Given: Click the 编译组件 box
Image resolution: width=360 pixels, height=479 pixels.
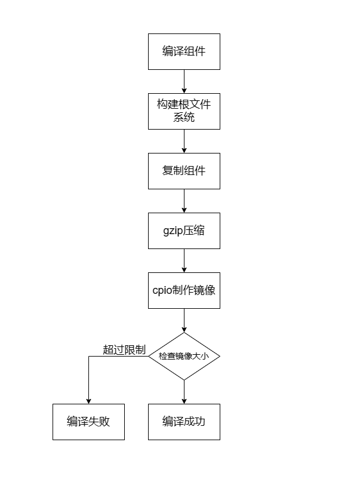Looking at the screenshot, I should (x=184, y=51).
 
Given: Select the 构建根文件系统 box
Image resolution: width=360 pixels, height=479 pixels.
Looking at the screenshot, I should (x=184, y=111).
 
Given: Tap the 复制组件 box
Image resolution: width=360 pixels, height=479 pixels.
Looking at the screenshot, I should (x=184, y=171).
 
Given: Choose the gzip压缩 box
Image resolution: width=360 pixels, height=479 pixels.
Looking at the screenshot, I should (x=184, y=231).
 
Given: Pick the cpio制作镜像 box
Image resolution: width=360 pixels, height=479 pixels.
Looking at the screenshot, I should (x=184, y=290).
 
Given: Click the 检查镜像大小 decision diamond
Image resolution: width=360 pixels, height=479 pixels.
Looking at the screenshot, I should (x=184, y=356).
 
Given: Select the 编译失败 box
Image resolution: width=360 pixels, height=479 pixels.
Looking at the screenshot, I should (x=88, y=422).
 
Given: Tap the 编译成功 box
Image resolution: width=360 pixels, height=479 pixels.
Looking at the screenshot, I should (x=184, y=422).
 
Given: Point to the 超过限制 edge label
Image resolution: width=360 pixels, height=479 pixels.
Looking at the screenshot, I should (x=124, y=350).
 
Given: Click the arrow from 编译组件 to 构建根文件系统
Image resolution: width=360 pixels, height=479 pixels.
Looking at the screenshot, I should (x=184, y=81).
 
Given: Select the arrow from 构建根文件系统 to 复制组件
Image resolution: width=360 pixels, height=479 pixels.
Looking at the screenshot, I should (x=184, y=141).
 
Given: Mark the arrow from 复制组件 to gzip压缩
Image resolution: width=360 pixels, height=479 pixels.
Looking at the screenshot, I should (x=184, y=201).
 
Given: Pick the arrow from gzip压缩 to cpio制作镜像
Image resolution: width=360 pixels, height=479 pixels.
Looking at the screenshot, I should (x=184, y=260).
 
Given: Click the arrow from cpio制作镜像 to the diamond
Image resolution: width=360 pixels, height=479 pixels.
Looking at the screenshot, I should (x=184, y=320).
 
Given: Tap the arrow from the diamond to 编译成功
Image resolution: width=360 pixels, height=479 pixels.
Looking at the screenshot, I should (x=184, y=392).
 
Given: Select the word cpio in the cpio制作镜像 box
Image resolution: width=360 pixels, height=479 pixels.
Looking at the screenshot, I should (x=162, y=290).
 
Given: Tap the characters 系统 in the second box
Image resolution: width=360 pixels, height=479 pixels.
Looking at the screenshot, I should (x=184, y=118).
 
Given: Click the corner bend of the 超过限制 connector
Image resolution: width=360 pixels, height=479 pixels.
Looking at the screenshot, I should (x=88, y=357).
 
